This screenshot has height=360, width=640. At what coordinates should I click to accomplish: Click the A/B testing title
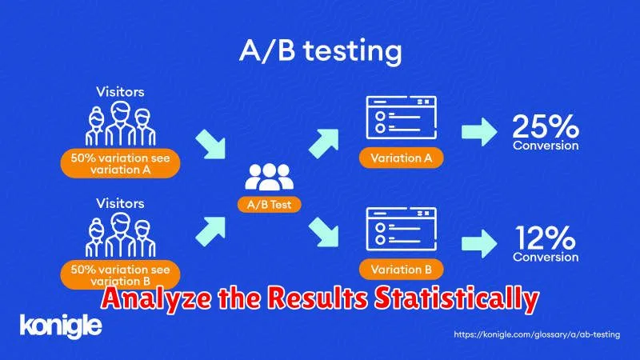point(321,51)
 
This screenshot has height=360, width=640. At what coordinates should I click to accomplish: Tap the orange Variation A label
point(402,158)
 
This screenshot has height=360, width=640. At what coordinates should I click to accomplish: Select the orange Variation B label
point(402,270)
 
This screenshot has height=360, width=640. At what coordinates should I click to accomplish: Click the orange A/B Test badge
point(270,205)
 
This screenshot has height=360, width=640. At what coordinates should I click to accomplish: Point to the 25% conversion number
point(546,126)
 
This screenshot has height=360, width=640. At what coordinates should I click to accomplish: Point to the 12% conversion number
point(545,238)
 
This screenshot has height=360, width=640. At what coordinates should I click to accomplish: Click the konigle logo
point(61,326)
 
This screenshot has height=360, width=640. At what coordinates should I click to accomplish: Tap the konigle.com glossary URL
point(537,334)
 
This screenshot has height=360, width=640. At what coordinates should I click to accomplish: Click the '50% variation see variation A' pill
point(121,163)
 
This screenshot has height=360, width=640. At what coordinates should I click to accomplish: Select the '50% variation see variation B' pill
point(121,274)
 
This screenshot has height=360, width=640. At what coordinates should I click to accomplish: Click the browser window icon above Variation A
point(402,118)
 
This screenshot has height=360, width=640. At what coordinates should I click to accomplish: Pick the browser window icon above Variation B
point(402,229)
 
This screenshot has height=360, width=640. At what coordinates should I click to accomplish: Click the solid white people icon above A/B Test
point(270,177)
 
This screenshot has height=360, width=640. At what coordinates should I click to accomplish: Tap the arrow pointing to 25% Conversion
point(479,131)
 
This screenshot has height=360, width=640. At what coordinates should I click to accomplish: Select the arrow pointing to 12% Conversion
point(479,243)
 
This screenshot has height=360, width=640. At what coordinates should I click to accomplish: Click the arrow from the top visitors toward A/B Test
point(211,144)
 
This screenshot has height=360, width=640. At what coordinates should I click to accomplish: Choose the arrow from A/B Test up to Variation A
point(324,143)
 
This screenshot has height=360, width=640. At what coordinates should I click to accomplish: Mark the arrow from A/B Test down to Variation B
point(324,232)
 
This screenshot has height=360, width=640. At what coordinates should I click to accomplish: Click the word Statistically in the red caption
point(457,299)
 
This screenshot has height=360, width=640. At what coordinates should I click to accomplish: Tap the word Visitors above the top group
point(121,92)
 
